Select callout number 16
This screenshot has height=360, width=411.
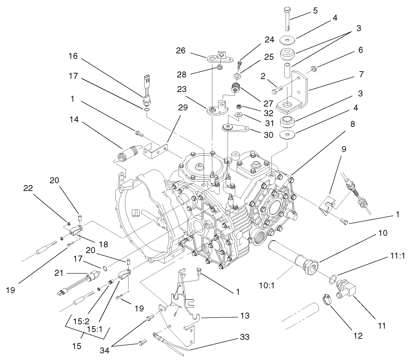pos(73,57)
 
